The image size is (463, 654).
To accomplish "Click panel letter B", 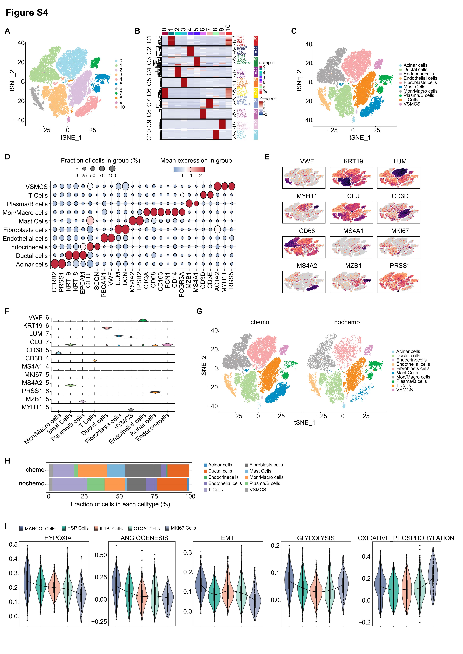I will [x=137, y=31].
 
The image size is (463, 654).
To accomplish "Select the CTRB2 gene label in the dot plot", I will [x=54, y=282].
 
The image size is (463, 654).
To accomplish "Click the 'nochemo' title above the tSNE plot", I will [x=347, y=322].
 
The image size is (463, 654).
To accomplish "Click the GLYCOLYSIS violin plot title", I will [x=316, y=538].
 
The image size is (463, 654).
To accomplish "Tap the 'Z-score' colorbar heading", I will [x=267, y=99].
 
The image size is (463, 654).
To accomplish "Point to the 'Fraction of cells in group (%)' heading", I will [x=100, y=160].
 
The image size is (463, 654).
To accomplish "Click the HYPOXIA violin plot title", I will [x=58, y=538].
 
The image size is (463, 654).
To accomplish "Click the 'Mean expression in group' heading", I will [x=196, y=160].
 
